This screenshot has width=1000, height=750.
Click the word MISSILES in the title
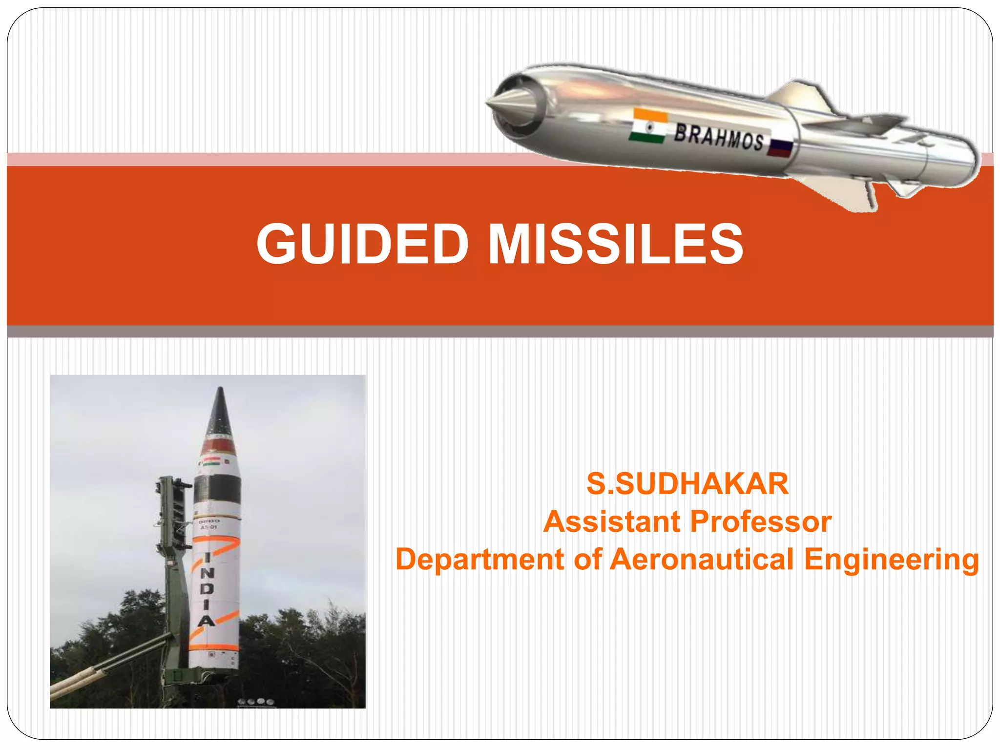pyautogui.click(x=616, y=244)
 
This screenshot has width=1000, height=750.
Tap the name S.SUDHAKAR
pyautogui.click(x=687, y=484)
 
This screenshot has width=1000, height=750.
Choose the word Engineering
pyautogui.click(x=892, y=560)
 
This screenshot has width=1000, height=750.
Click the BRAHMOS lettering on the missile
pyautogui.click(x=719, y=137)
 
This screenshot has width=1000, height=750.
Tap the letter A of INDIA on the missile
pyautogui.click(x=206, y=621)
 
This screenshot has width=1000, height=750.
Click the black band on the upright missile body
pyautogui.click(x=217, y=489)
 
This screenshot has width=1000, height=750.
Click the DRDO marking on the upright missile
pyautogui.click(x=209, y=522)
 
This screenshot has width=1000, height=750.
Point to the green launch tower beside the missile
pyautogui.click(x=173, y=562)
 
